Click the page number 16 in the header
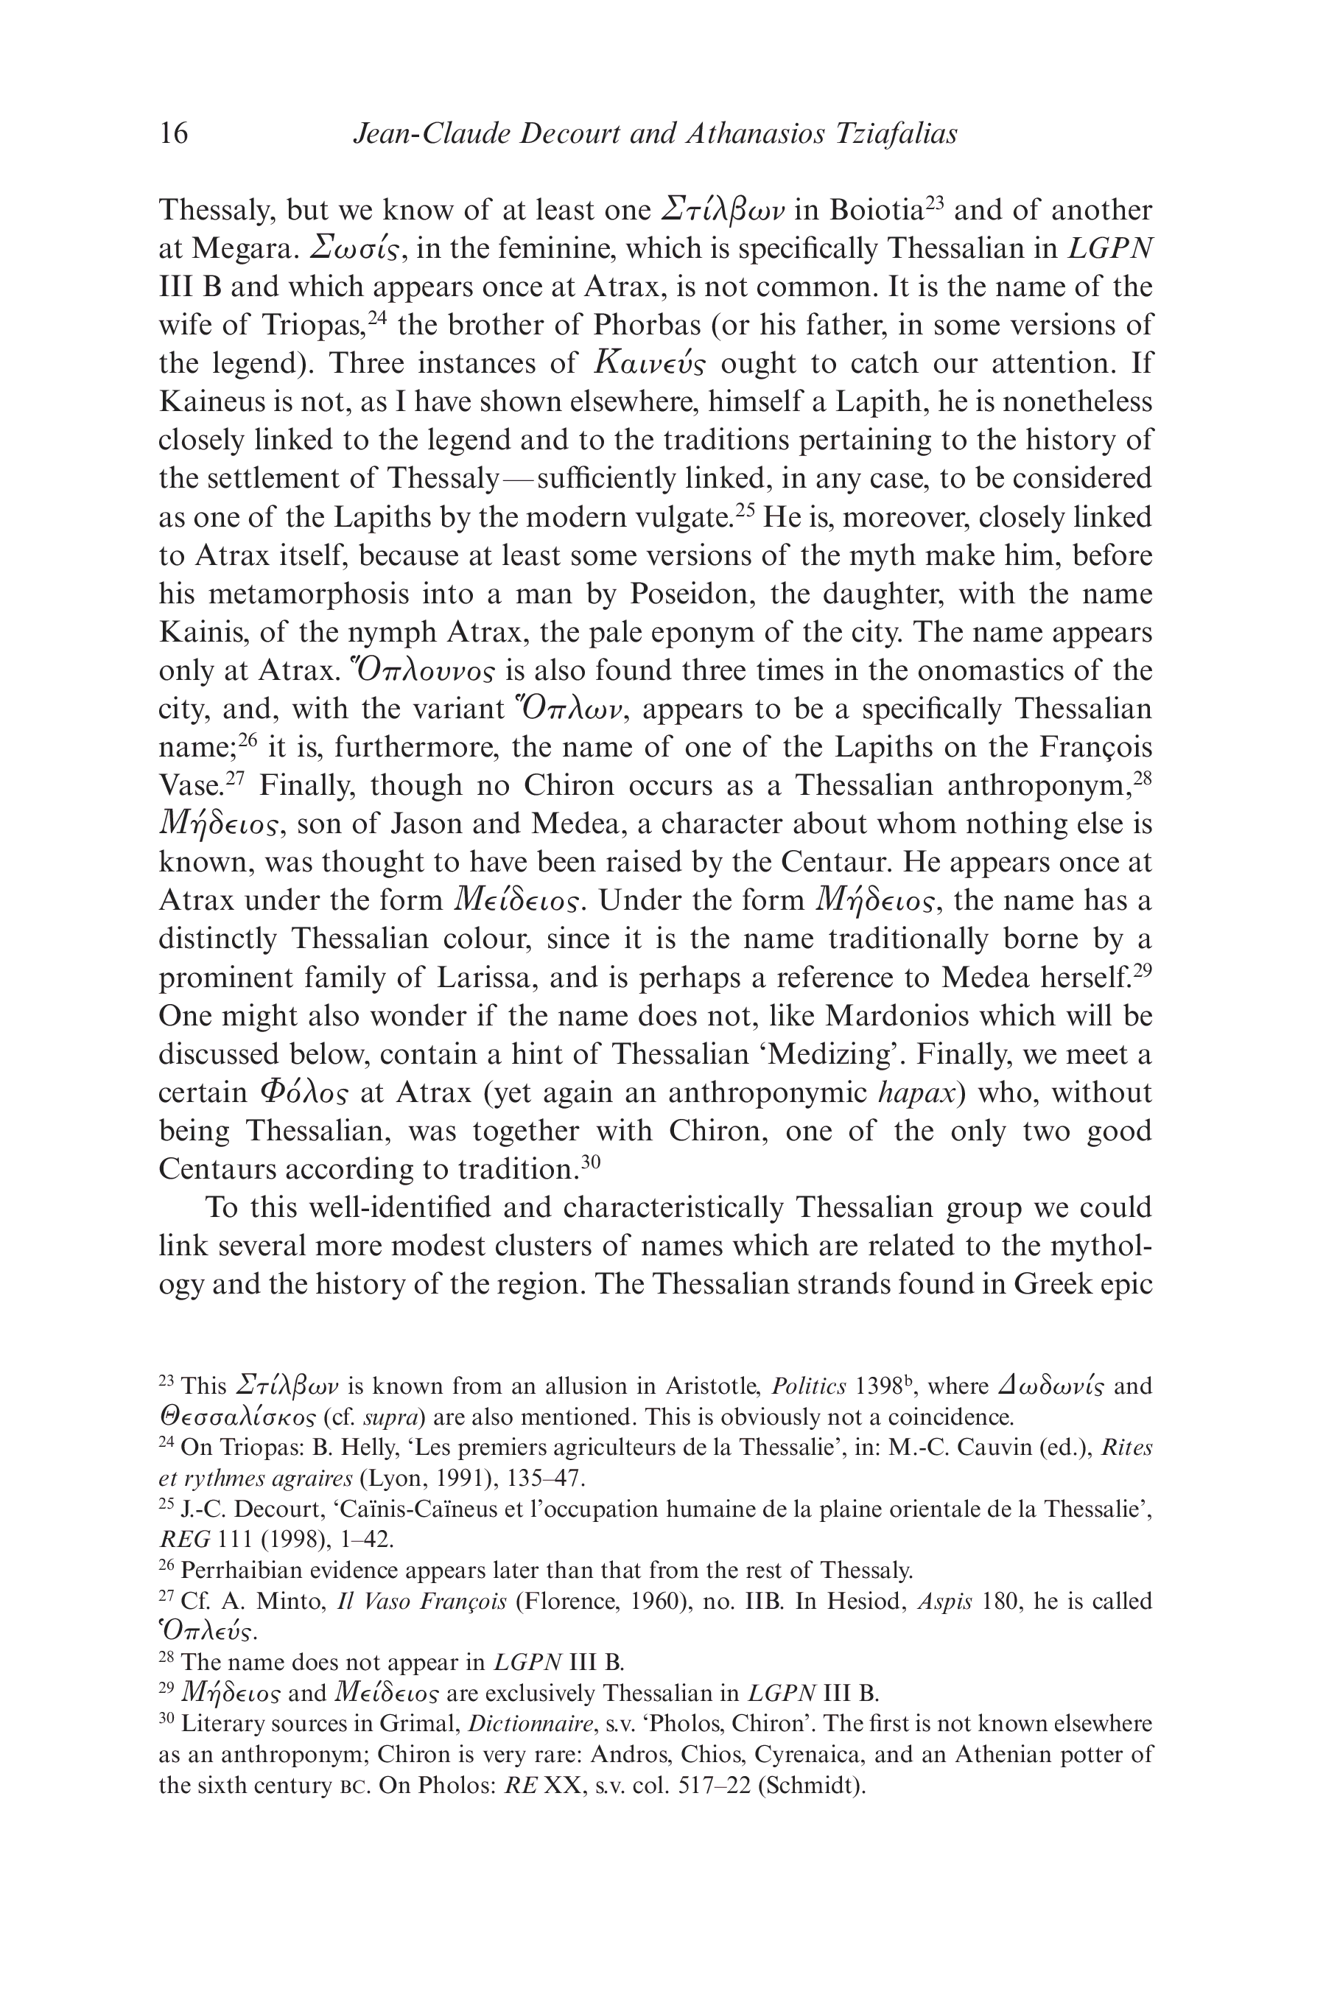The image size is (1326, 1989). (174, 133)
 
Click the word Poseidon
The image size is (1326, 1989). (691, 594)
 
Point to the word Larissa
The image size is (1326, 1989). (484, 978)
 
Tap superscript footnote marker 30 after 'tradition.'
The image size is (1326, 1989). (590, 1162)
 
